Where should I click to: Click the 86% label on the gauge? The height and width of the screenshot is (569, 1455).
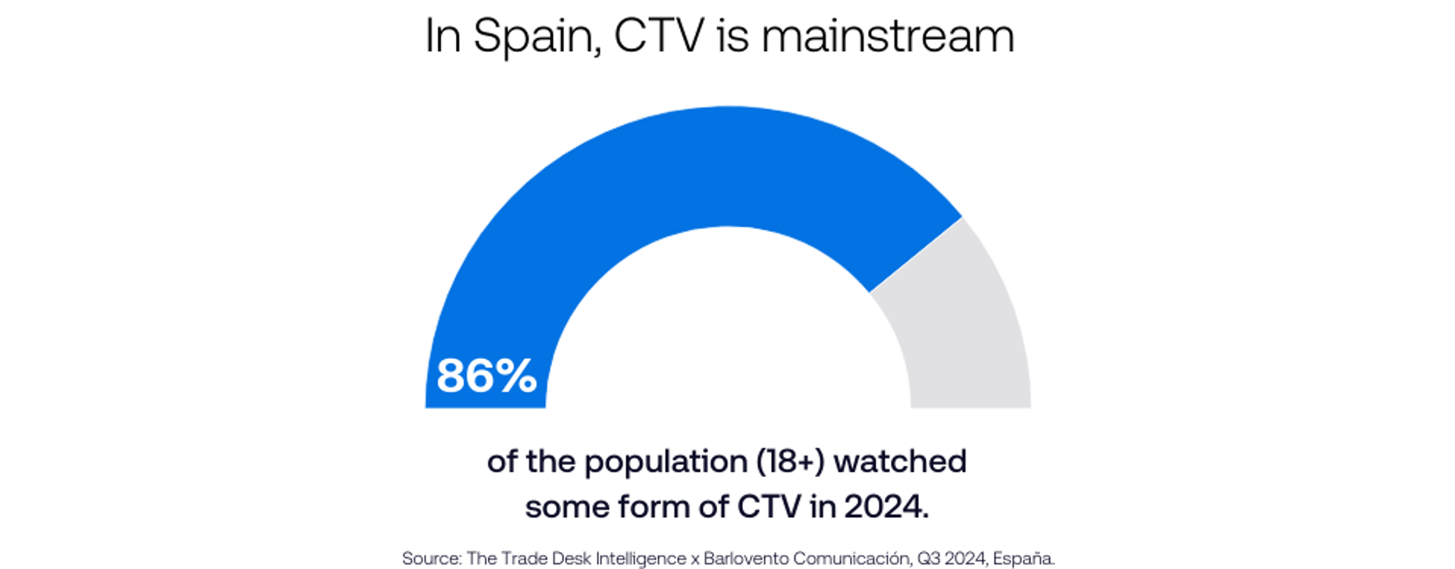click(x=486, y=375)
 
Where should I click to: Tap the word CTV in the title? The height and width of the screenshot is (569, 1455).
click(x=658, y=36)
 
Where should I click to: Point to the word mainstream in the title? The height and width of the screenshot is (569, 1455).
click(x=887, y=36)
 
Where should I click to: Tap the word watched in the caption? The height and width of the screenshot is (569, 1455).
click(x=900, y=461)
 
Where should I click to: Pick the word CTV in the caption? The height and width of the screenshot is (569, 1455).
click(x=768, y=507)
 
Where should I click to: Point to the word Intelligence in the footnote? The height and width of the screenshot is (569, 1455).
click(x=641, y=559)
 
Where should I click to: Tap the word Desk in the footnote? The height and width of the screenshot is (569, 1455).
click(x=571, y=559)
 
